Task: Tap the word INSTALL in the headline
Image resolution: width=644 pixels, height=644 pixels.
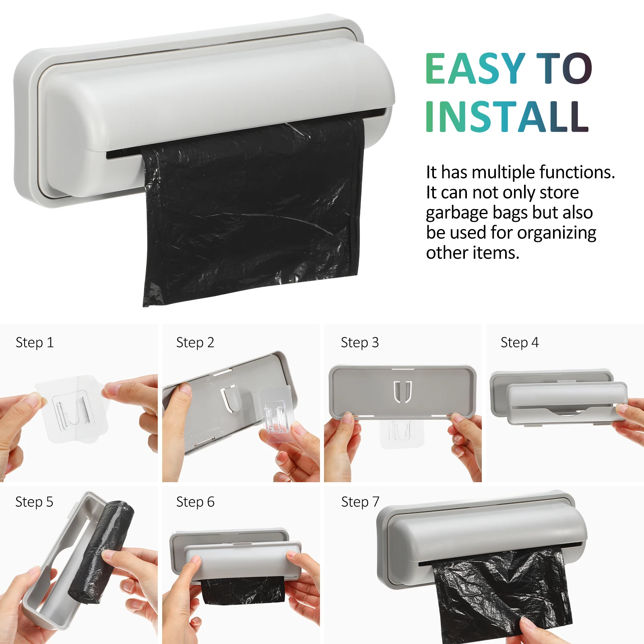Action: coord(507,116)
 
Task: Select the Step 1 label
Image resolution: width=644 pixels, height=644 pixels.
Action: coord(35,343)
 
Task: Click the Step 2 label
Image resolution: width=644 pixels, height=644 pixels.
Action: coord(195,343)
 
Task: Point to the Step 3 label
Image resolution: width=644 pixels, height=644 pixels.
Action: coord(360,343)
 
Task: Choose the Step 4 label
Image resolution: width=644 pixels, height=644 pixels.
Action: coord(520,343)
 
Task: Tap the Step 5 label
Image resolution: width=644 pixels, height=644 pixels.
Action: coord(34,502)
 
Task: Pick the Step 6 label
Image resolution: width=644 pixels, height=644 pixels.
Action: coord(195,502)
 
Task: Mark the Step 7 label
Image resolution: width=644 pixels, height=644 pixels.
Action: coord(360,502)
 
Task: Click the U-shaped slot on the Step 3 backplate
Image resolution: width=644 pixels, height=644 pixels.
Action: coord(402,392)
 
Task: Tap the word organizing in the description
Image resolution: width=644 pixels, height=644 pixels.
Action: coord(557,233)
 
